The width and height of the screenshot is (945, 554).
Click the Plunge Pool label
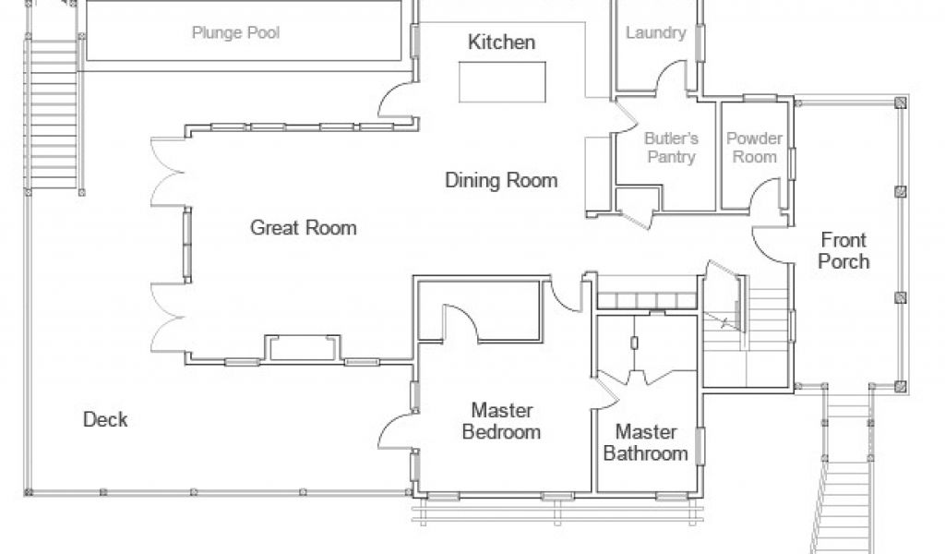coord(235,32)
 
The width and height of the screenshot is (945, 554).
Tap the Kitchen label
coord(501,42)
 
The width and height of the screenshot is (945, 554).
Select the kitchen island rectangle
coord(502,82)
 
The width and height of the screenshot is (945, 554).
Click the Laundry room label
coord(656,32)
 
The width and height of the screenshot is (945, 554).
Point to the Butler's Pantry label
coord(671,148)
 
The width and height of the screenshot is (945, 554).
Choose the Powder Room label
coord(754,148)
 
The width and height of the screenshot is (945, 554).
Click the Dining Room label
coord(501,180)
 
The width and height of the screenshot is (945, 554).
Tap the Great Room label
coord(303,227)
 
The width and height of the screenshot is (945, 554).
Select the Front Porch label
coord(843,251)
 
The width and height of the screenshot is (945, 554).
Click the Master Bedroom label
coord(501,421)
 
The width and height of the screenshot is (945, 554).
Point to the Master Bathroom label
coord(645,442)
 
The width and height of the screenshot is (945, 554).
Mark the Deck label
coord(105,419)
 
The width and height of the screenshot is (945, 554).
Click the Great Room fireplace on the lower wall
coord(303,348)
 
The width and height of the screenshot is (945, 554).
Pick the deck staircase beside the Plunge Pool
coord(53,114)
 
